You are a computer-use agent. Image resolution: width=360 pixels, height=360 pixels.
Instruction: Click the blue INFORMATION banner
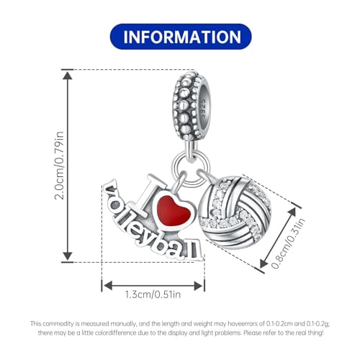pos(181,37)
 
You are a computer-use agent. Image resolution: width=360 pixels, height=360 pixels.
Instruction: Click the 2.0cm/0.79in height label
pos(59,166)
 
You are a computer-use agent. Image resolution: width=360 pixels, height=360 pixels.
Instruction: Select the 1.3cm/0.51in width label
pos(153,294)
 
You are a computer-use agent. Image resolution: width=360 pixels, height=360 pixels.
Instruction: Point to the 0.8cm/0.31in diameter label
pos(288,243)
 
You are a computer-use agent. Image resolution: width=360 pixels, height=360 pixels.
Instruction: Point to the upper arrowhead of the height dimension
pos(68,76)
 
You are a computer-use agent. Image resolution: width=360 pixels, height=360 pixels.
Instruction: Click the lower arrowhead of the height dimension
pos(68,256)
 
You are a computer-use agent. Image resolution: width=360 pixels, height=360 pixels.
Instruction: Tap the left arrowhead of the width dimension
pos(107,286)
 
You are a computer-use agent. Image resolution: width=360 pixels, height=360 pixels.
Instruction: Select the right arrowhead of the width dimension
pos(198,286)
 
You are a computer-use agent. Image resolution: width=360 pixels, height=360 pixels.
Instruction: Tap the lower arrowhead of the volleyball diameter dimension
pos(264,264)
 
